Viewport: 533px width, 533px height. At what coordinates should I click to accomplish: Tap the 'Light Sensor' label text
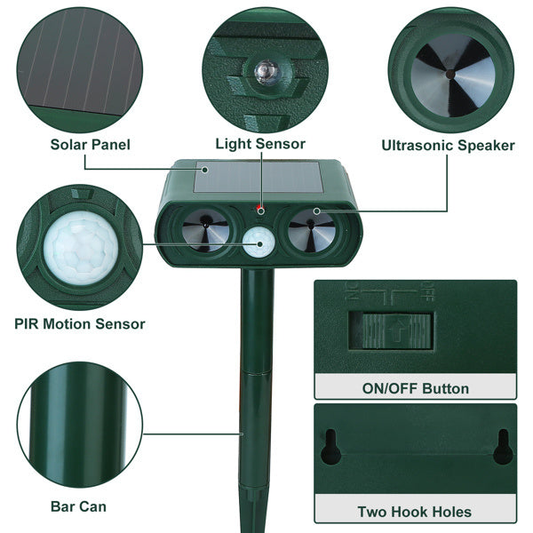pos(260,143)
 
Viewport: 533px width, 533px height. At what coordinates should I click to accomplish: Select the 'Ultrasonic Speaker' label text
pos(448,145)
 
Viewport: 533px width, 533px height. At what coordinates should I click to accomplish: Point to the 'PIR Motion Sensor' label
pos(80,324)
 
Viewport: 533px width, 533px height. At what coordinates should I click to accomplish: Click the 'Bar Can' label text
pos(78,506)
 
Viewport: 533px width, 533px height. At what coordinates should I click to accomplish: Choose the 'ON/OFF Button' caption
pos(414,388)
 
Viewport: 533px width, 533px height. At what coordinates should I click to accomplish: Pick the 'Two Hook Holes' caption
pos(414,512)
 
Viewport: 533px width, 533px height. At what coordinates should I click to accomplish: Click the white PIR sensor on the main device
pos(259,241)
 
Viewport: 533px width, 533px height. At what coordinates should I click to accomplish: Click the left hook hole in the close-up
pos(331,448)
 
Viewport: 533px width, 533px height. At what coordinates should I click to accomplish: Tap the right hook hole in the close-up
pos(503,447)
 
